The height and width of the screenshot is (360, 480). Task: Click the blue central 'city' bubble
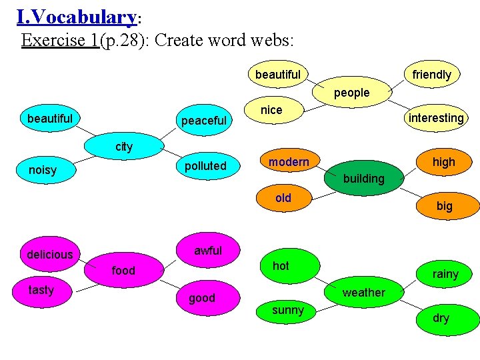(x=125, y=147)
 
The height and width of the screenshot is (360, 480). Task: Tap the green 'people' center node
(x=351, y=93)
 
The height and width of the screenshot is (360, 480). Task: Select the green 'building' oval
(x=363, y=178)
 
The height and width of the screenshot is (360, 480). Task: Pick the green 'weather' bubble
(x=363, y=292)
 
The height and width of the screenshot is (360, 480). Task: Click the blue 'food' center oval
(x=123, y=270)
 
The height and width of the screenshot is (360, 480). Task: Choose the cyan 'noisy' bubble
(x=43, y=170)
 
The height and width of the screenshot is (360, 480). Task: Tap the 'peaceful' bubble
(x=204, y=121)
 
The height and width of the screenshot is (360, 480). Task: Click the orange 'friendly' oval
(x=432, y=75)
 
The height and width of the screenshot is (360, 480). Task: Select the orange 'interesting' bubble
(x=436, y=118)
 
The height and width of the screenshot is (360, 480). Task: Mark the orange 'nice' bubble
(x=272, y=110)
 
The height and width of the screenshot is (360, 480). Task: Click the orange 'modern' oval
(x=289, y=162)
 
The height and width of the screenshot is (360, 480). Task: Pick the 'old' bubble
(x=283, y=198)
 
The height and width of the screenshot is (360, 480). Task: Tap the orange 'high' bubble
(x=443, y=162)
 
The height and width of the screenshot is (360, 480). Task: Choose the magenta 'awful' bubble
(x=207, y=251)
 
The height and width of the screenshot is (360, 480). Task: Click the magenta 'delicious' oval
(x=50, y=254)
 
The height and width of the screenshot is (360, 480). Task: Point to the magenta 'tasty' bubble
(x=41, y=289)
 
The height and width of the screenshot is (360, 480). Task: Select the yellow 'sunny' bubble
(x=288, y=310)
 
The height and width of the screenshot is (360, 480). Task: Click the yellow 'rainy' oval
(x=445, y=274)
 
